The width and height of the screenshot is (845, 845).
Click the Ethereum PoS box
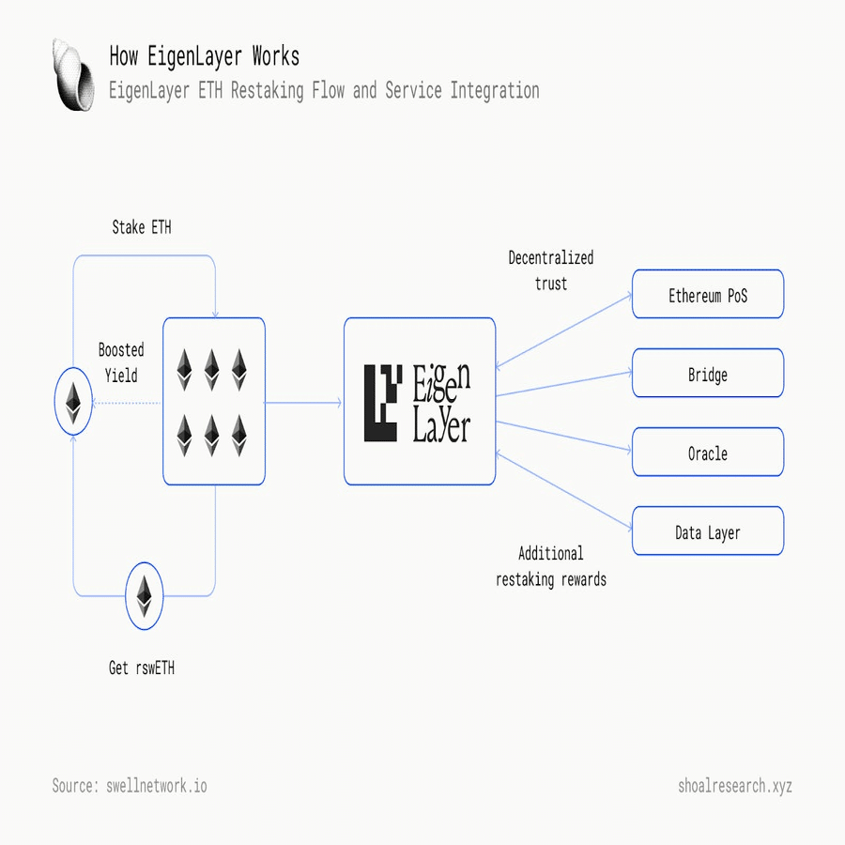708,294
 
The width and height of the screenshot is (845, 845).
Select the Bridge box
708,373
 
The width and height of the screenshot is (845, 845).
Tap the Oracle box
708,453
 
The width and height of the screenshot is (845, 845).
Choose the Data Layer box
708,530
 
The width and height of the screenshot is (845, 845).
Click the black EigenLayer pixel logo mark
383,403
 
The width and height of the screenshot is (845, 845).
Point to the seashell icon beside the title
73,74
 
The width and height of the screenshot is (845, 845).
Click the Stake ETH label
142,227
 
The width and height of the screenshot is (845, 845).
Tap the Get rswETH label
142,668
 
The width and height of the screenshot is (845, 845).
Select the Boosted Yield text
121,362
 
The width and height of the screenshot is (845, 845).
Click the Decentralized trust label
551,270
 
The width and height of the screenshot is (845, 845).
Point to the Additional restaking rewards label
551,566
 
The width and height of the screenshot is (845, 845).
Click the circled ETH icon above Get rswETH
145,596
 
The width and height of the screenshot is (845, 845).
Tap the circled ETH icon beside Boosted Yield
73,402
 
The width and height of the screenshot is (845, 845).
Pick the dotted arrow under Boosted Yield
127,403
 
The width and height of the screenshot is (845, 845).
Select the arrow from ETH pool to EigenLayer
303,403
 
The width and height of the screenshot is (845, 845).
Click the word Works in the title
276,56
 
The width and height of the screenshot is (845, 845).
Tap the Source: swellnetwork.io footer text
130,786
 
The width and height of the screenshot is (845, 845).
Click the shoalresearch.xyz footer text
735,786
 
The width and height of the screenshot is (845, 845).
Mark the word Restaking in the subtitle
268,90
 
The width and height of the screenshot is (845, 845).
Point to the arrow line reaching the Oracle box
563,437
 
